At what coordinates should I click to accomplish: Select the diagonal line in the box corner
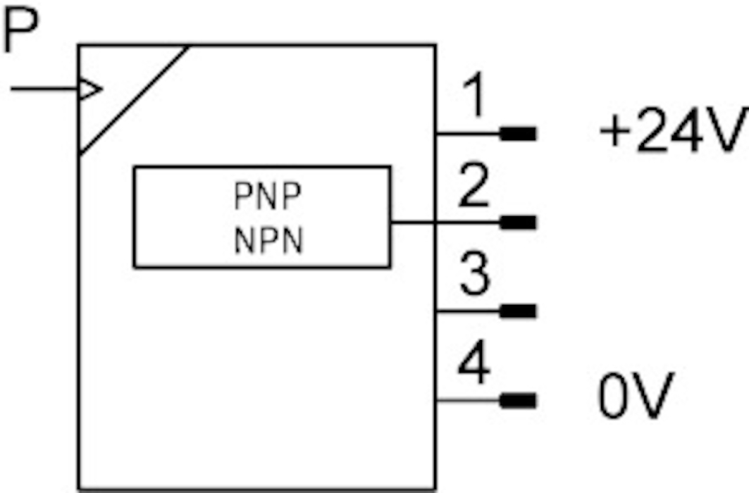click(x=134, y=99)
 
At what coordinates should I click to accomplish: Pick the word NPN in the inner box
click(x=268, y=242)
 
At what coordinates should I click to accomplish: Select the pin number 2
click(x=474, y=186)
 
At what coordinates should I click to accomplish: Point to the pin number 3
click(x=474, y=275)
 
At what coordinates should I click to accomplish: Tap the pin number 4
click(x=474, y=365)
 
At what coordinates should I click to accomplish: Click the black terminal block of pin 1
click(x=518, y=133)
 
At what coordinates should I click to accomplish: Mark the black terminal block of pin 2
click(x=518, y=223)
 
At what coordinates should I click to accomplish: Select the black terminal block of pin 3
click(x=518, y=311)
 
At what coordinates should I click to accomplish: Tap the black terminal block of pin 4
click(x=518, y=401)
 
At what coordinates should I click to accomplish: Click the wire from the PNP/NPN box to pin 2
click(x=444, y=223)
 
